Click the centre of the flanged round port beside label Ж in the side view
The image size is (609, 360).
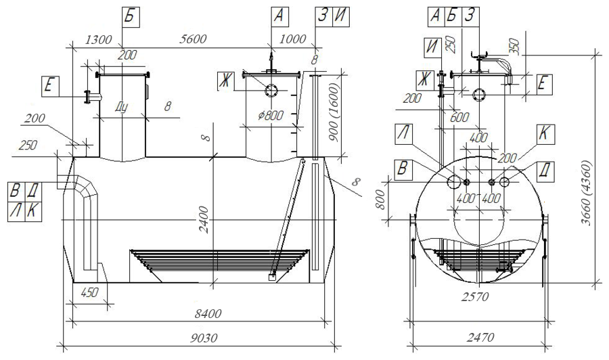coord(271,91)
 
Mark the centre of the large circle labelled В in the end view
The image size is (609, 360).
coord(453,181)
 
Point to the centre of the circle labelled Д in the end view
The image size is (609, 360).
coord(505,182)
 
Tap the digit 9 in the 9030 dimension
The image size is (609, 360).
coord(194,338)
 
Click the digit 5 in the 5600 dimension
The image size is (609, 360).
coord(182,39)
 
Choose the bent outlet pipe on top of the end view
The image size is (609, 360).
coord(493,67)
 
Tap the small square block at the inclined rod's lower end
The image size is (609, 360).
coord(271,277)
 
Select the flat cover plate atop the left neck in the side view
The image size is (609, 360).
coord(122,74)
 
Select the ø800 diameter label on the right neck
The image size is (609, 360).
coord(271,115)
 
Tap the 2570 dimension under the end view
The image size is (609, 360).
coord(475,296)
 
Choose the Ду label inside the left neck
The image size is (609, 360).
coord(121,107)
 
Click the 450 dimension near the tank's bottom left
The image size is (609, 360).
coord(89,292)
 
